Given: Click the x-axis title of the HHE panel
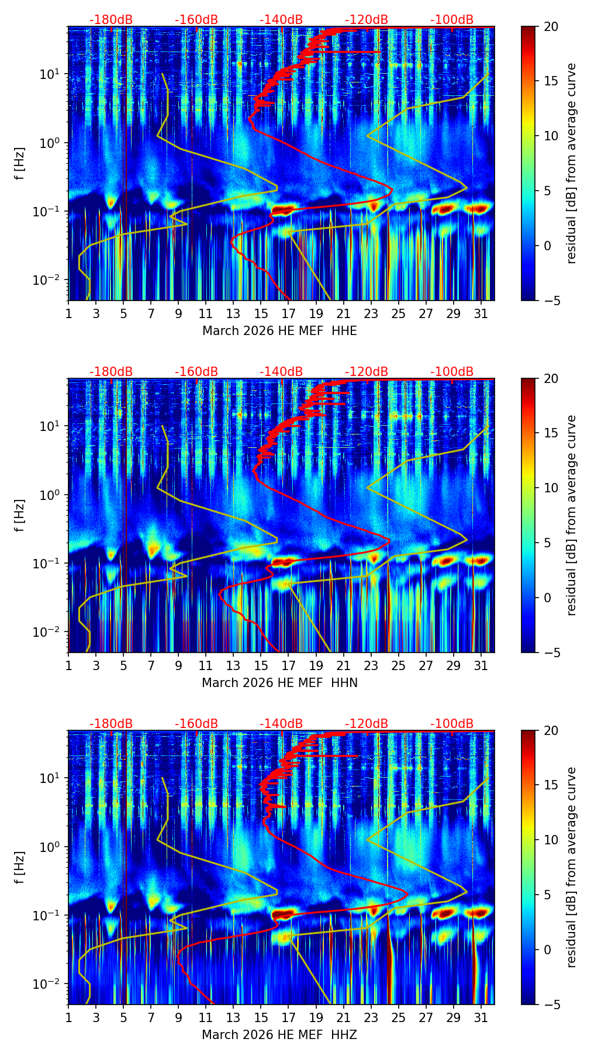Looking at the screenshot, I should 279,331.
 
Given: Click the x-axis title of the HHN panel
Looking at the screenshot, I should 279,683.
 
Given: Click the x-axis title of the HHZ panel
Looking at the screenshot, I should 279,1035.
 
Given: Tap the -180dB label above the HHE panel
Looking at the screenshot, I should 111,20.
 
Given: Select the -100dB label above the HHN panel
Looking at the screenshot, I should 452,372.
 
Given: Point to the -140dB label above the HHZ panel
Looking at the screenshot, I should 281,724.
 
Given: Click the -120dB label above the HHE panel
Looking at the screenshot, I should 367,20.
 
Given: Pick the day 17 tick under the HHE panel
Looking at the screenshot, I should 288,313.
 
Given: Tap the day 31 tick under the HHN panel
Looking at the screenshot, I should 481,665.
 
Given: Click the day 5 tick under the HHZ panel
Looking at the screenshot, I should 123,1017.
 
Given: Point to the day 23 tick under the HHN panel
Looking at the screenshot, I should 371,665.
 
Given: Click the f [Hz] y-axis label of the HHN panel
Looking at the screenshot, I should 20,515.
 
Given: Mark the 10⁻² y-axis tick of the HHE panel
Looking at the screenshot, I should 51,281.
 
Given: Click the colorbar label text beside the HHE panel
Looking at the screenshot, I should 572,163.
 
